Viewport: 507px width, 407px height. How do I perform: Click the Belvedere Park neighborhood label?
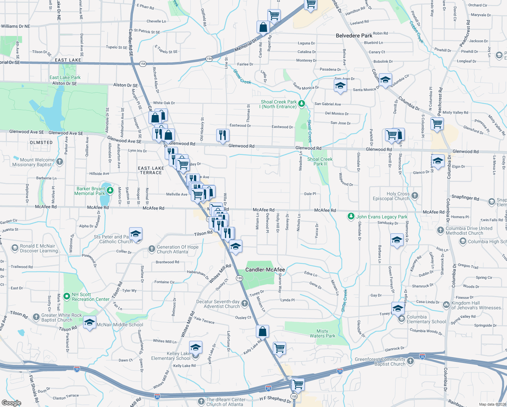(x=354, y=36)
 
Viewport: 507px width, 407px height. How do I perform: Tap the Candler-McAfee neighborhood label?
(x=265, y=270)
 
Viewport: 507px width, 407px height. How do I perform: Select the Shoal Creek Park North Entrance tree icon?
(x=301, y=104)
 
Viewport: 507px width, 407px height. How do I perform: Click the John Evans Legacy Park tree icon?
(x=351, y=216)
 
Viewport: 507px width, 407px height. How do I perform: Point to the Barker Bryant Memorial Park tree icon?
(x=110, y=191)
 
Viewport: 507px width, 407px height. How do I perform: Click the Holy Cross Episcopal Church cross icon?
(x=414, y=196)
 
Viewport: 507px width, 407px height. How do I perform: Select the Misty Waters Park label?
(x=322, y=333)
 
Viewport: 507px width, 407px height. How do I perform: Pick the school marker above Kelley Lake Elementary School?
(x=196, y=347)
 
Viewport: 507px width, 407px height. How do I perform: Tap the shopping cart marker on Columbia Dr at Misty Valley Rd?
(x=437, y=123)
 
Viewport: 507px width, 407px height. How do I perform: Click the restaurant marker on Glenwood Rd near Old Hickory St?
(x=223, y=135)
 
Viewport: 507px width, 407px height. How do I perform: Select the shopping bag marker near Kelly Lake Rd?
(x=263, y=331)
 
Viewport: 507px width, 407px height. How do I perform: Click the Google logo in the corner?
(x=12, y=403)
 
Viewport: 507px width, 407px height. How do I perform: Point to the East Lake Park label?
(x=65, y=77)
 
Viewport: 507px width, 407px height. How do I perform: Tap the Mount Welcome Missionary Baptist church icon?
(x=60, y=162)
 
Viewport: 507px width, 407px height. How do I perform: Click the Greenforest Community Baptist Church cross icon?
(x=410, y=361)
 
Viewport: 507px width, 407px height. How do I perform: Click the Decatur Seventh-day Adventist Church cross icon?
(x=245, y=304)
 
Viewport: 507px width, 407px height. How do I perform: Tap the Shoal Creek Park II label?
(x=320, y=161)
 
